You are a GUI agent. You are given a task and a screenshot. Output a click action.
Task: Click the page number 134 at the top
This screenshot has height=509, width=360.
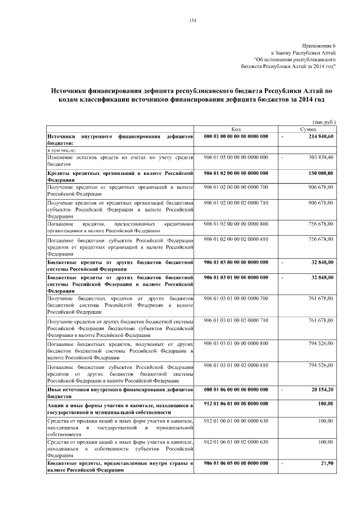pyautogui.click(x=193, y=21)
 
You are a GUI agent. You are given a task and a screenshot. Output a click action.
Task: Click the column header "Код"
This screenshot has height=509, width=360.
pyautogui.click(x=236, y=129)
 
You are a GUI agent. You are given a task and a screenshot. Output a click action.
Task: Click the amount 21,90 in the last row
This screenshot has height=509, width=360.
pyautogui.click(x=327, y=463)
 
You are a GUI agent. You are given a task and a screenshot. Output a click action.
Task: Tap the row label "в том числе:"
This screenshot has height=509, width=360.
pyautogui.click(x=60, y=150)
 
